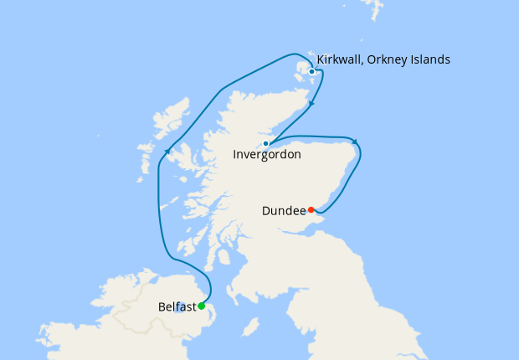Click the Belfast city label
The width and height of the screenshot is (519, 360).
(x=176, y=307)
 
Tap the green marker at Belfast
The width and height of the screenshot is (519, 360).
(x=201, y=306)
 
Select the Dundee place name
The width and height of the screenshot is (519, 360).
(x=283, y=212)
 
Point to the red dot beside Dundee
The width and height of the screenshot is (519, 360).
(x=311, y=209)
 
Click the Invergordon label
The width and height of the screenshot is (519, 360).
(x=266, y=155)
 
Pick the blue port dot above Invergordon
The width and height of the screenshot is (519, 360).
(x=265, y=143)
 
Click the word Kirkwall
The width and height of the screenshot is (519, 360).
(x=342, y=59)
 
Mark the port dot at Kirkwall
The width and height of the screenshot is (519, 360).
(x=311, y=71)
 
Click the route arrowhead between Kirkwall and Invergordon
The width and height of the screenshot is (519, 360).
(x=312, y=104)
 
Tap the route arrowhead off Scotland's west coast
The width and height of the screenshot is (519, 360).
(x=168, y=151)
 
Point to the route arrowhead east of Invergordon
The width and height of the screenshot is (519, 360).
(x=355, y=141)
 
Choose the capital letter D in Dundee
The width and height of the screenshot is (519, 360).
(x=266, y=212)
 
